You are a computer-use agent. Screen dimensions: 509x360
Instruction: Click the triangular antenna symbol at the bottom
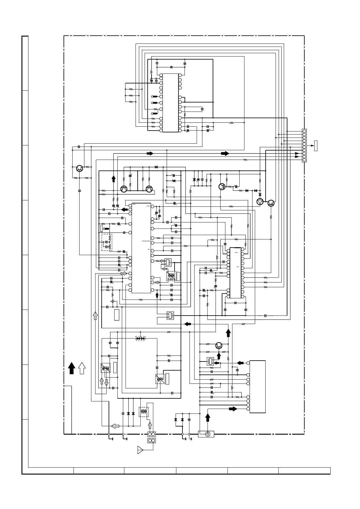pos(140,450)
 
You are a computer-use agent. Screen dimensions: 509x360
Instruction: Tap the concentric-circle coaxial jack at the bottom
pos(208,434)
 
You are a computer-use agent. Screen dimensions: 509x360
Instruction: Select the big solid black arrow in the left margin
pos(72,368)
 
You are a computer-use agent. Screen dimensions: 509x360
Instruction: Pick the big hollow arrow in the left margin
pos(82,368)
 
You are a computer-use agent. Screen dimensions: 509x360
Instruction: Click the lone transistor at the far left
pos(80,169)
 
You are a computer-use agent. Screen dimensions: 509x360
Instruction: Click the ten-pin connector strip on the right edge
pos(304,145)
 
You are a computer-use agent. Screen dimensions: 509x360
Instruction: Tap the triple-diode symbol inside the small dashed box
pos(141,338)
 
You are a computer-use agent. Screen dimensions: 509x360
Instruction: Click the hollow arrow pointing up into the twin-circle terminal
pos(150,425)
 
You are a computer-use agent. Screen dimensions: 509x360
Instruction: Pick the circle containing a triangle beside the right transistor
pos(260,202)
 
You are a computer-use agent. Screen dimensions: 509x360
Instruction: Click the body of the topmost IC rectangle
pos(170,103)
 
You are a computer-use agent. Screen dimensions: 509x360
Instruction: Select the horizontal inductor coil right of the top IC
pos(232,123)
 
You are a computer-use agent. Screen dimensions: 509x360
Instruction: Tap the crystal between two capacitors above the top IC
pos(171,67)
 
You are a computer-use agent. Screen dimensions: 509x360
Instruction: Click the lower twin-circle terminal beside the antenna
pos(151,441)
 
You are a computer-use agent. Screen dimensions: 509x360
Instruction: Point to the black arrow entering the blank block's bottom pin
pos(233,409)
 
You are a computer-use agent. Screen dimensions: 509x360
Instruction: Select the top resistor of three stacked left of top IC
pos(131,89)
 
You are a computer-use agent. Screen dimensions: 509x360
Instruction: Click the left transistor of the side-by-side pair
pos(124,189)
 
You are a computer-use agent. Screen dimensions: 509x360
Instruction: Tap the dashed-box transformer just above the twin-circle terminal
pos(143,412)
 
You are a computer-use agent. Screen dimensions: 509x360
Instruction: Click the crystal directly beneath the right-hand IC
pos(235,303)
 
